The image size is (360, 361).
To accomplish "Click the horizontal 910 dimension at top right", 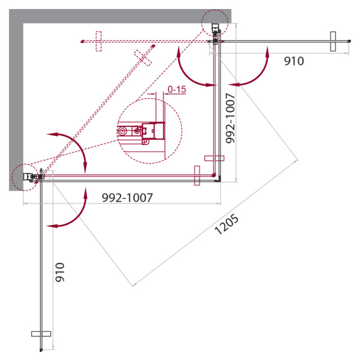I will click(x=294, y=61).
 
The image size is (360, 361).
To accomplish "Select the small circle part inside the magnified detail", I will click(x=124, y=130).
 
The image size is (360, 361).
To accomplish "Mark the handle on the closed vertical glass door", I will click(x=214, y=158).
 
